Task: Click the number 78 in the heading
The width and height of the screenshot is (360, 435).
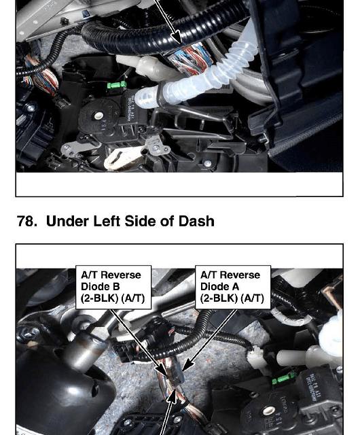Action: [27, 222]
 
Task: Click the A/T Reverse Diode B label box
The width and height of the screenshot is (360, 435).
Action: [113, 287]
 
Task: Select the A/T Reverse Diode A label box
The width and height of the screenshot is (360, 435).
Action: [233, 287]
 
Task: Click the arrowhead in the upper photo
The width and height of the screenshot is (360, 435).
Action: [177, 37]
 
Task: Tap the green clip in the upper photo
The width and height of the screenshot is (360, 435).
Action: [117, 84]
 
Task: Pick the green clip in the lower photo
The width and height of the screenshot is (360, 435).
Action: [283, 378]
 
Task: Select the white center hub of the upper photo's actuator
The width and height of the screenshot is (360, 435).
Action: [98, 116]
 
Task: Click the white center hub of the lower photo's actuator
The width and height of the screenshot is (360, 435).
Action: [268, 411]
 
